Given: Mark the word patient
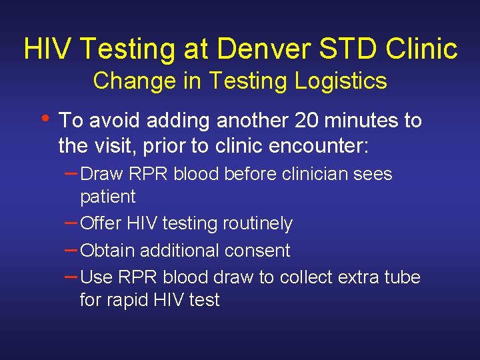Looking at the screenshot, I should point(107,197).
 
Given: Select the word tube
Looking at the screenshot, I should point(403,277).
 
